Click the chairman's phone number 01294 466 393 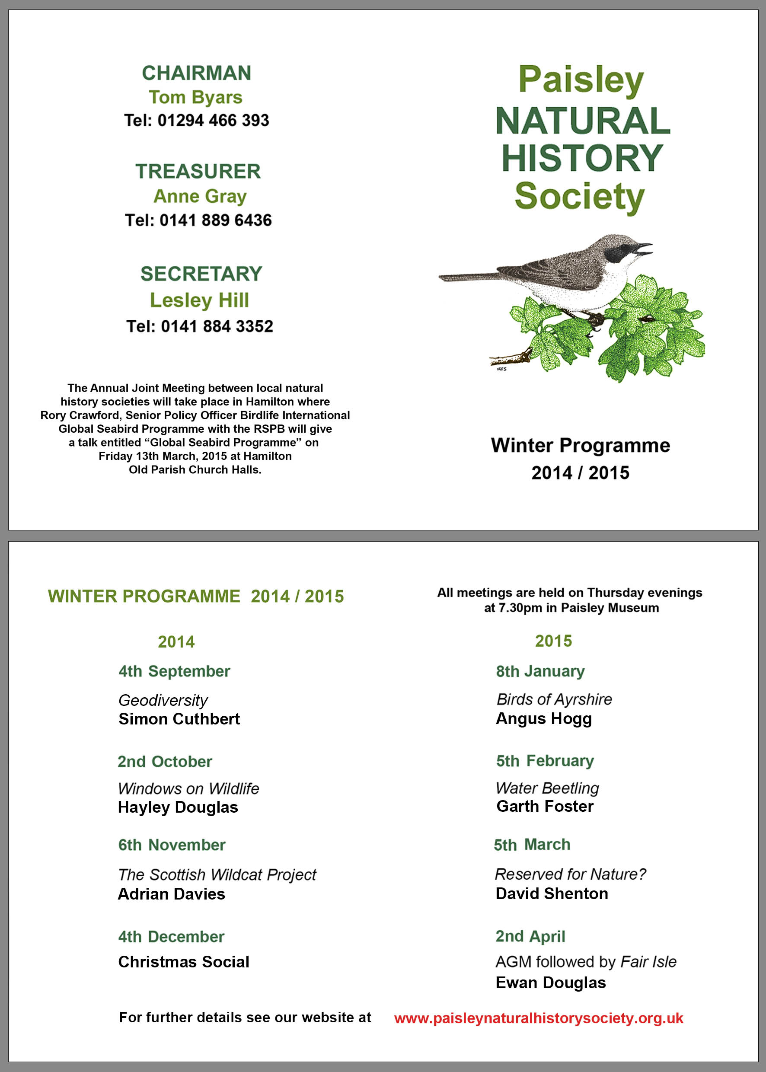click(x=213, y=121)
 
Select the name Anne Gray click(x=200, y=196)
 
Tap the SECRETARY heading click(x=201, y=274)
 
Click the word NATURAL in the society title click(x=583, y=121)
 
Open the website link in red click(x=539, y=1018)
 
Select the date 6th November click(x=172, y=845)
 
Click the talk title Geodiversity click(x=163, y=700)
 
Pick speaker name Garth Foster click(x=545, y=807)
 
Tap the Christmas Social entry click(x=183, y=962)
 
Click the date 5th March click(x=532, y=845)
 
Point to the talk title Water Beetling click(x=547, y=788)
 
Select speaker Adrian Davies click(x=171, y=894)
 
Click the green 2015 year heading click(x=553, y=641)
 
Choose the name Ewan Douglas click(x=550, y=983)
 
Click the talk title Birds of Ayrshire click(x=554, y=699)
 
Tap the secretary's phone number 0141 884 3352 click(x=217, y=326)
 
